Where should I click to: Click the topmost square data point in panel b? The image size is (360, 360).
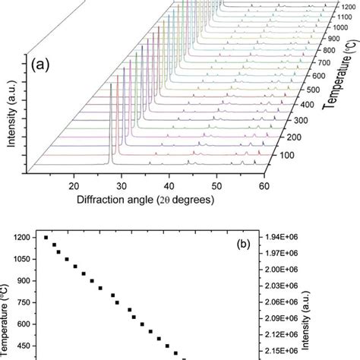46,238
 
